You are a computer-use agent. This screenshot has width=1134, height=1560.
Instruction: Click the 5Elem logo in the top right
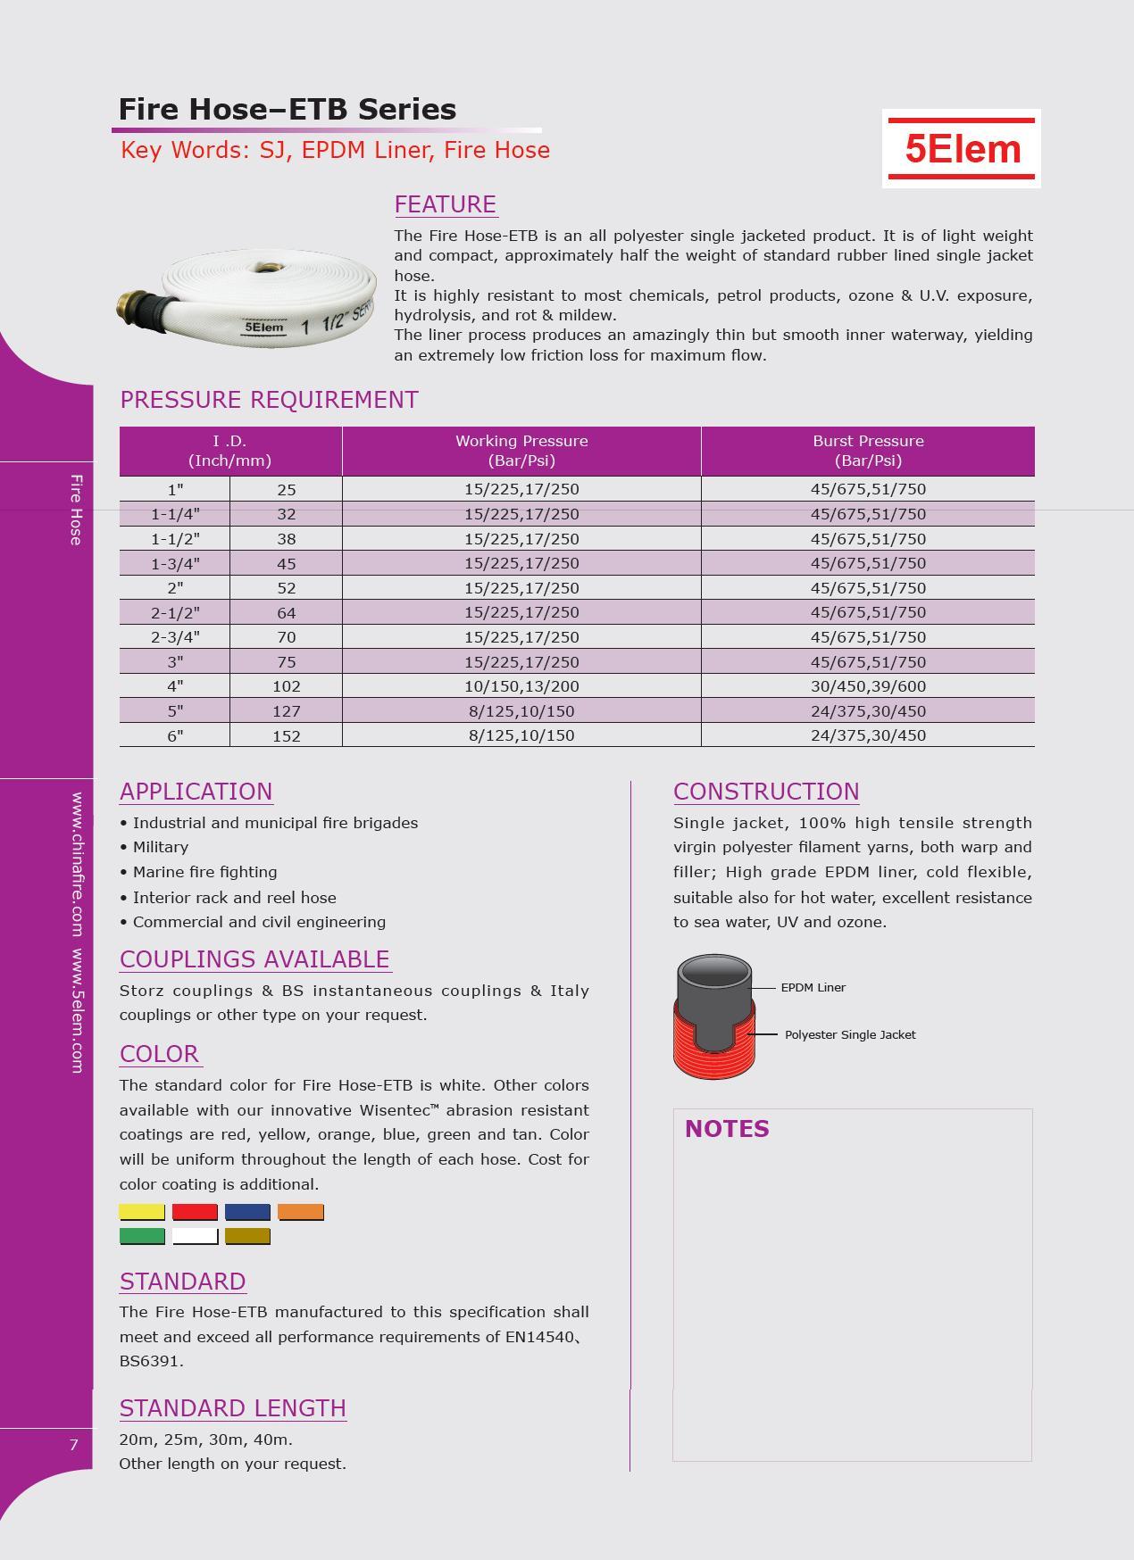962,148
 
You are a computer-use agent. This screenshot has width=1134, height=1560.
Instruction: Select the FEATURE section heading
445,204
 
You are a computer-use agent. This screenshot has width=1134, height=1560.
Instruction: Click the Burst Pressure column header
868,451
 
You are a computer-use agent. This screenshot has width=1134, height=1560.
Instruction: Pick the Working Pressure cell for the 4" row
521,686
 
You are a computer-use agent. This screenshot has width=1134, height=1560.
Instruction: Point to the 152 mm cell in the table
286,735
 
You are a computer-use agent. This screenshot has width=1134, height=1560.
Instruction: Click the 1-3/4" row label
175,563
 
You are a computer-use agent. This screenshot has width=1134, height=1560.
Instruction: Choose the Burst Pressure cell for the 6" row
868,735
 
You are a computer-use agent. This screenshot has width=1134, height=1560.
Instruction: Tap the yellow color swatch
142,1212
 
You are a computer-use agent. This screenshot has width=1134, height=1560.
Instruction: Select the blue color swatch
247,1212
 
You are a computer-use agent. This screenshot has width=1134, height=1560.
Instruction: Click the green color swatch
142,1236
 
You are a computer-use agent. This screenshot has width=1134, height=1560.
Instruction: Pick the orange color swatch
301,1212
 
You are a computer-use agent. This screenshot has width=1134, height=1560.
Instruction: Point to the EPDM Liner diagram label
813,988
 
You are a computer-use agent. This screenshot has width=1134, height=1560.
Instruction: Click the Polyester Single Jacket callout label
850,1035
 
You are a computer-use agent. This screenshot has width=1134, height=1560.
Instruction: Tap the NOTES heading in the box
727,1129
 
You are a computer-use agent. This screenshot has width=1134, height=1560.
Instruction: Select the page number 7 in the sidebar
74,1445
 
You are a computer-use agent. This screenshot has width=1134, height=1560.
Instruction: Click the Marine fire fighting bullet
204,872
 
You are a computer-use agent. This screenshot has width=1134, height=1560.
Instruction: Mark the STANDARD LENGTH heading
232,1408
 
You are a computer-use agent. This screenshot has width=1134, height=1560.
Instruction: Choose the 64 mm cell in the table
286,613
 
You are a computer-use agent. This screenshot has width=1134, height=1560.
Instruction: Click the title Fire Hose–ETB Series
288,110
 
